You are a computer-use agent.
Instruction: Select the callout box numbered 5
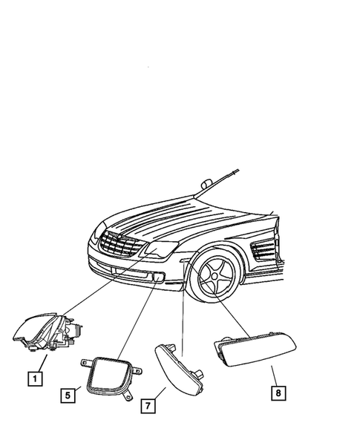point(67,396)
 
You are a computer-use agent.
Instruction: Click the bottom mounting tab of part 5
point(128,399)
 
